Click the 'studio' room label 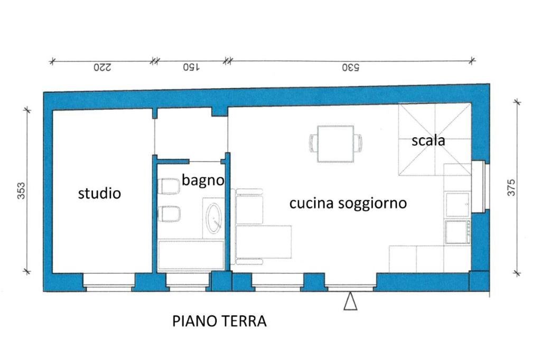(x=99, y=193)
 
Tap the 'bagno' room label (x=203, y=180)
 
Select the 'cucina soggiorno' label (x=348, y=203)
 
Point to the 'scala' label (x=428, y=141)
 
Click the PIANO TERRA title (x=219, y=321)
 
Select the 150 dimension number (x=191, y=68)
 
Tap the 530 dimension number (x=350, y=68)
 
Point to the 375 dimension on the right (x=511, y=187)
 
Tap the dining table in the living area (x=335, y=144)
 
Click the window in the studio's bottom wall (x=108, y=282)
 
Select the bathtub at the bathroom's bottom (x=191, y=255)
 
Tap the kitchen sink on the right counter (x=457, y=205)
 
